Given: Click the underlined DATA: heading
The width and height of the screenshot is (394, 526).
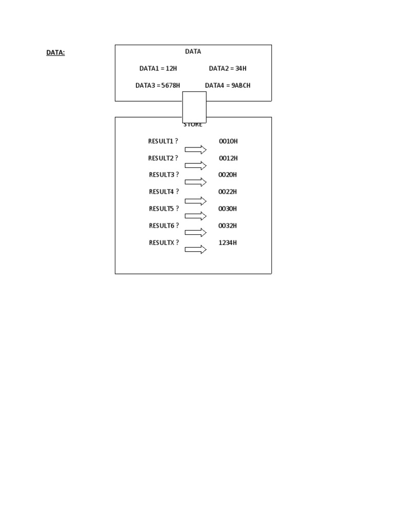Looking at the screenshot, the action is coord(55,52).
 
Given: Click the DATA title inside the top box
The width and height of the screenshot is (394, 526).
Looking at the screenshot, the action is coord(193,51).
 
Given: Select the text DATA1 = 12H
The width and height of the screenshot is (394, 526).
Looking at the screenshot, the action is coord(158,68).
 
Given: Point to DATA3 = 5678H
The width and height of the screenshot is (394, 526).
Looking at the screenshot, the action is coord(157,85).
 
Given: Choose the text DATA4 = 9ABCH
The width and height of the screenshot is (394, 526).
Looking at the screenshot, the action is coord(227,85).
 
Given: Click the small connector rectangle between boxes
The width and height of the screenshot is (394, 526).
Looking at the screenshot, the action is coord(194,107).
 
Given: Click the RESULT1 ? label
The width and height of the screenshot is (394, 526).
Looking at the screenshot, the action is coord(163,141).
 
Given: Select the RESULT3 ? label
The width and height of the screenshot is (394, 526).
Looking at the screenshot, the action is coord(164,175).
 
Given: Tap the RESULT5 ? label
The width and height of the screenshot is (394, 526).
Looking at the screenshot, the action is coord(164,209).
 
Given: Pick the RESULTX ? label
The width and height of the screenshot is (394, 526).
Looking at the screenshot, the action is coord(164,242).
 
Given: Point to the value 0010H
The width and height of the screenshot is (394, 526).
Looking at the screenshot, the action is coord(228,141).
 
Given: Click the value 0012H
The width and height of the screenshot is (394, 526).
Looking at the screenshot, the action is coord(228,158).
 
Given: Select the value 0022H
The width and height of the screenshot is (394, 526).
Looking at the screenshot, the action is coord(228,192).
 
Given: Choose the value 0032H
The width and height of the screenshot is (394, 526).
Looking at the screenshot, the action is coord(228,226).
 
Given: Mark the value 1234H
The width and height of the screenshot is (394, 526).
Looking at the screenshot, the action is coord(228,242).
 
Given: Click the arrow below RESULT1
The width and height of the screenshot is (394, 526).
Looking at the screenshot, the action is coord(195,149).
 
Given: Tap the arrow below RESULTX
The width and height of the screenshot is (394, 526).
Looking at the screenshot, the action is coord(195,250).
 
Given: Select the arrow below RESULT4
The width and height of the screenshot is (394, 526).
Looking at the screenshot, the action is coord(195,200).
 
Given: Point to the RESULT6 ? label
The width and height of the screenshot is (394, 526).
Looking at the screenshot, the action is coord(164,226).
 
